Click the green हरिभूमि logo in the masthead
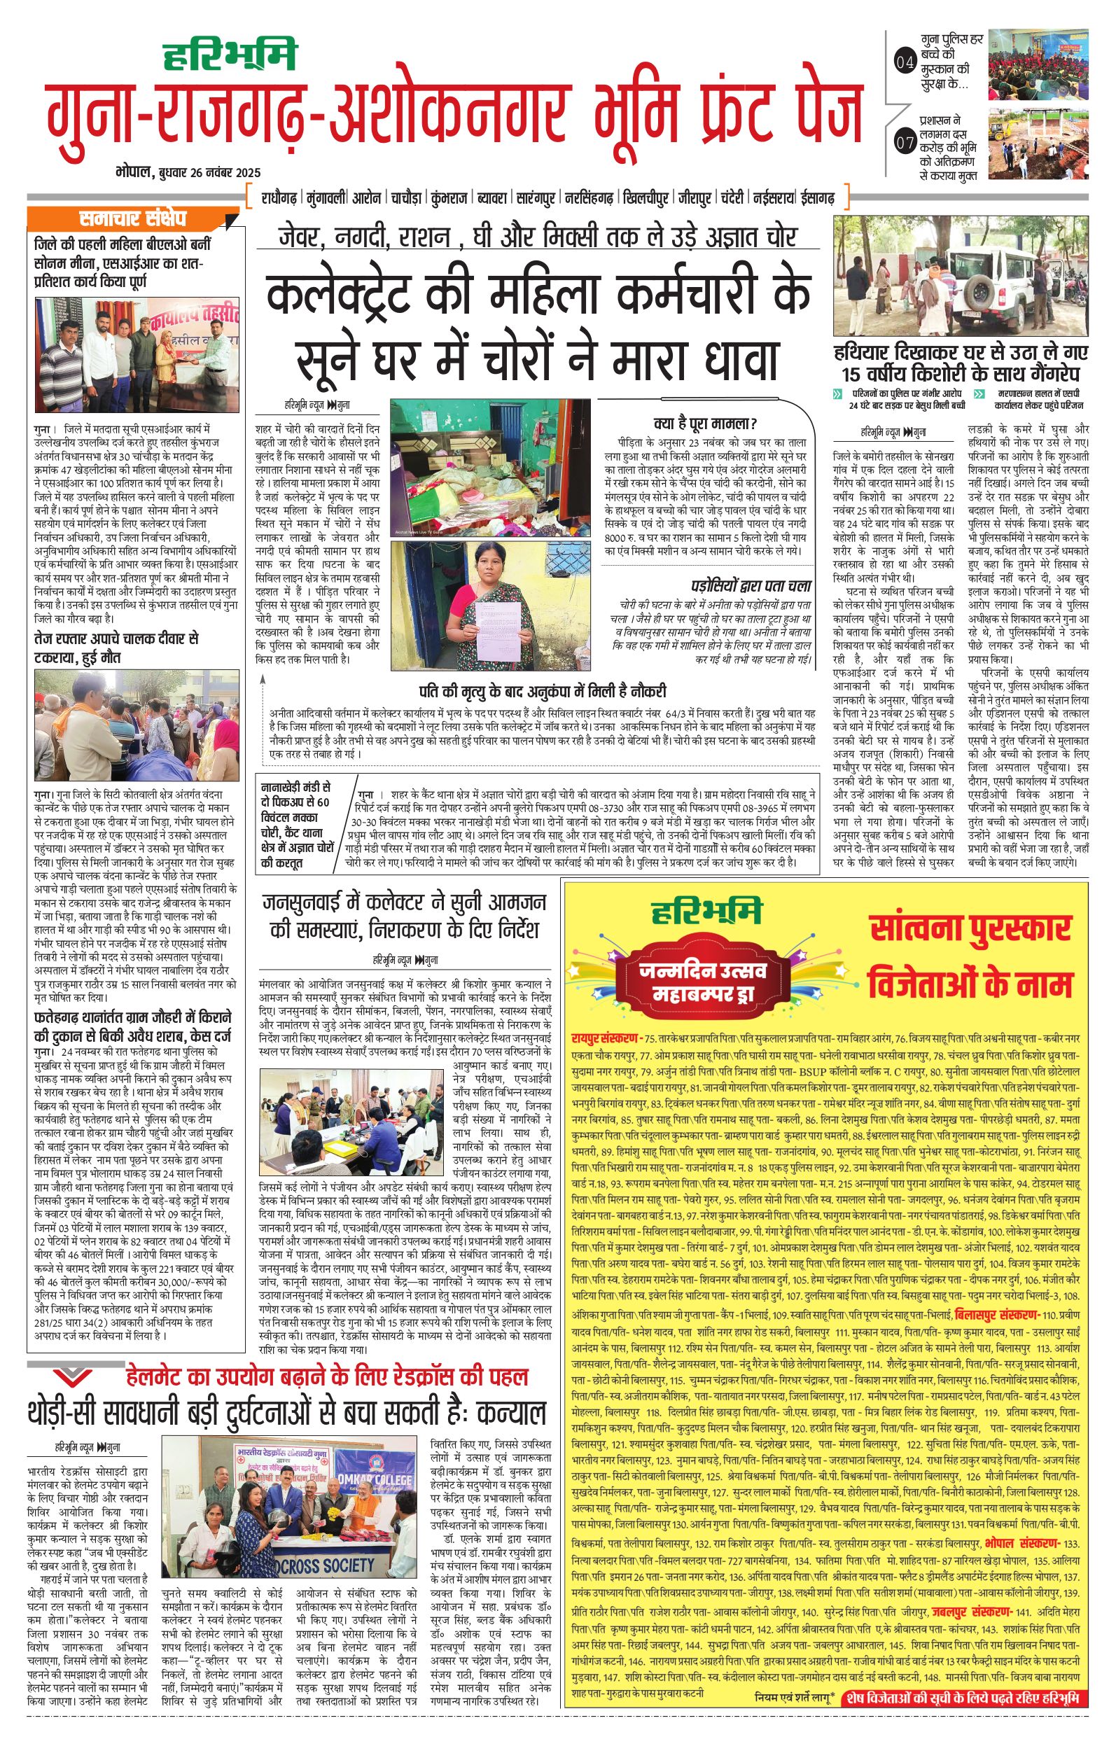point(229,55)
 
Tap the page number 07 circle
point(904,142)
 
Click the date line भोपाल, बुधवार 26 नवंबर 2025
point(188,173)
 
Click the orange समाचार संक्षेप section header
point(133,218)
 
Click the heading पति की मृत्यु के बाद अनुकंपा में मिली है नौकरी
point(543,690)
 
